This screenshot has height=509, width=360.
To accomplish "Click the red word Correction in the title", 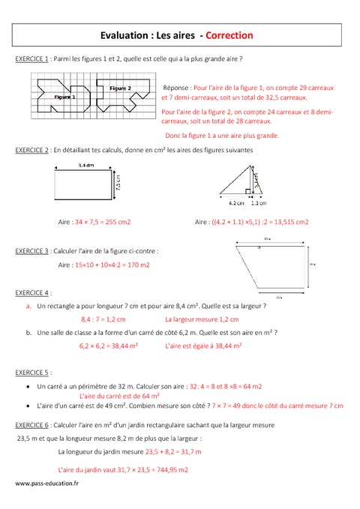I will tap(229, 34).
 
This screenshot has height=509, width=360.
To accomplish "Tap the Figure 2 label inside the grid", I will tap(121, 88).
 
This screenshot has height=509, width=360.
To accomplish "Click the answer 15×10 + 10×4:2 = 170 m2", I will tap(111, 265).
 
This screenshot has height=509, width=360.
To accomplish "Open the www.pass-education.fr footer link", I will tap(46, 484).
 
